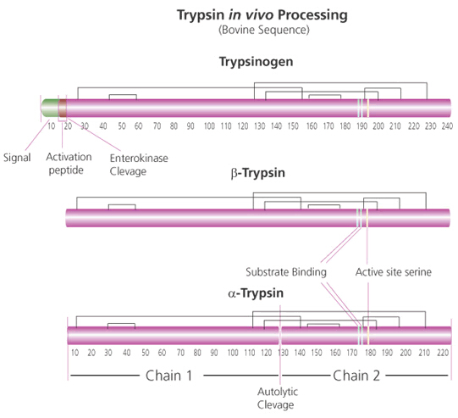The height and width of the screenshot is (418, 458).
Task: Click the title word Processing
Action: click(x=312, y=15)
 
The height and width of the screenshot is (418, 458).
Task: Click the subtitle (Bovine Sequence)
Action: click(x=264, y=30)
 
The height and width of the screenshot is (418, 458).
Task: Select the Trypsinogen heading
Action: click(x=256, y=62)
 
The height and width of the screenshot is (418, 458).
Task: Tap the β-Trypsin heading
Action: click(x=257, y=173)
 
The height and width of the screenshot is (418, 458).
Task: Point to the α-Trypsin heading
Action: click(x=256, y=293)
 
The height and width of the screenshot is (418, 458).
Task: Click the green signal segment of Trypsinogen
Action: click(x=50, y=108)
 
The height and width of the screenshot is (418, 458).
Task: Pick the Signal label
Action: click(x=17, y=158)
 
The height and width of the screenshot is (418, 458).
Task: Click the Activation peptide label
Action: click(x=69, y=164)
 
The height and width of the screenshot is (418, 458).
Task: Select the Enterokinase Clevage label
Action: click(x=139, y=164)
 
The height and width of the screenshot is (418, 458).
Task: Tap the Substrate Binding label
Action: click(x=286, y=272)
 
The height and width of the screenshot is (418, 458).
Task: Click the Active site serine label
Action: click(x=394, y=272)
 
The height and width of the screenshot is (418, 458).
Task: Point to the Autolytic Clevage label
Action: click(x=278, y=398)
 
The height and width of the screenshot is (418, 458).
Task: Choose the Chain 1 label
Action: click(x=168, y=376)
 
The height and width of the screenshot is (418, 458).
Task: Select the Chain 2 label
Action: click(x=356, y=376)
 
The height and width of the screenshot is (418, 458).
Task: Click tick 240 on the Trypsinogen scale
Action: click(x=447, y=126)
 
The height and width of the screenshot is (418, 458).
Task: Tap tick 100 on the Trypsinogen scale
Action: click(x=209, y=126)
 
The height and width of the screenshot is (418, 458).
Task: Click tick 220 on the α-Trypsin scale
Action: click(x=443, y=353)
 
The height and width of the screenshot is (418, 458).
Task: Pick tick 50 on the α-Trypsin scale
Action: click(x=146, y=353)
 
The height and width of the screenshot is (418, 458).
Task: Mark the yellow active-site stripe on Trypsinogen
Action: click(x=368, y=108)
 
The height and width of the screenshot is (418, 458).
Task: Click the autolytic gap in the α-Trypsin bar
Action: click(x=280, y=336)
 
